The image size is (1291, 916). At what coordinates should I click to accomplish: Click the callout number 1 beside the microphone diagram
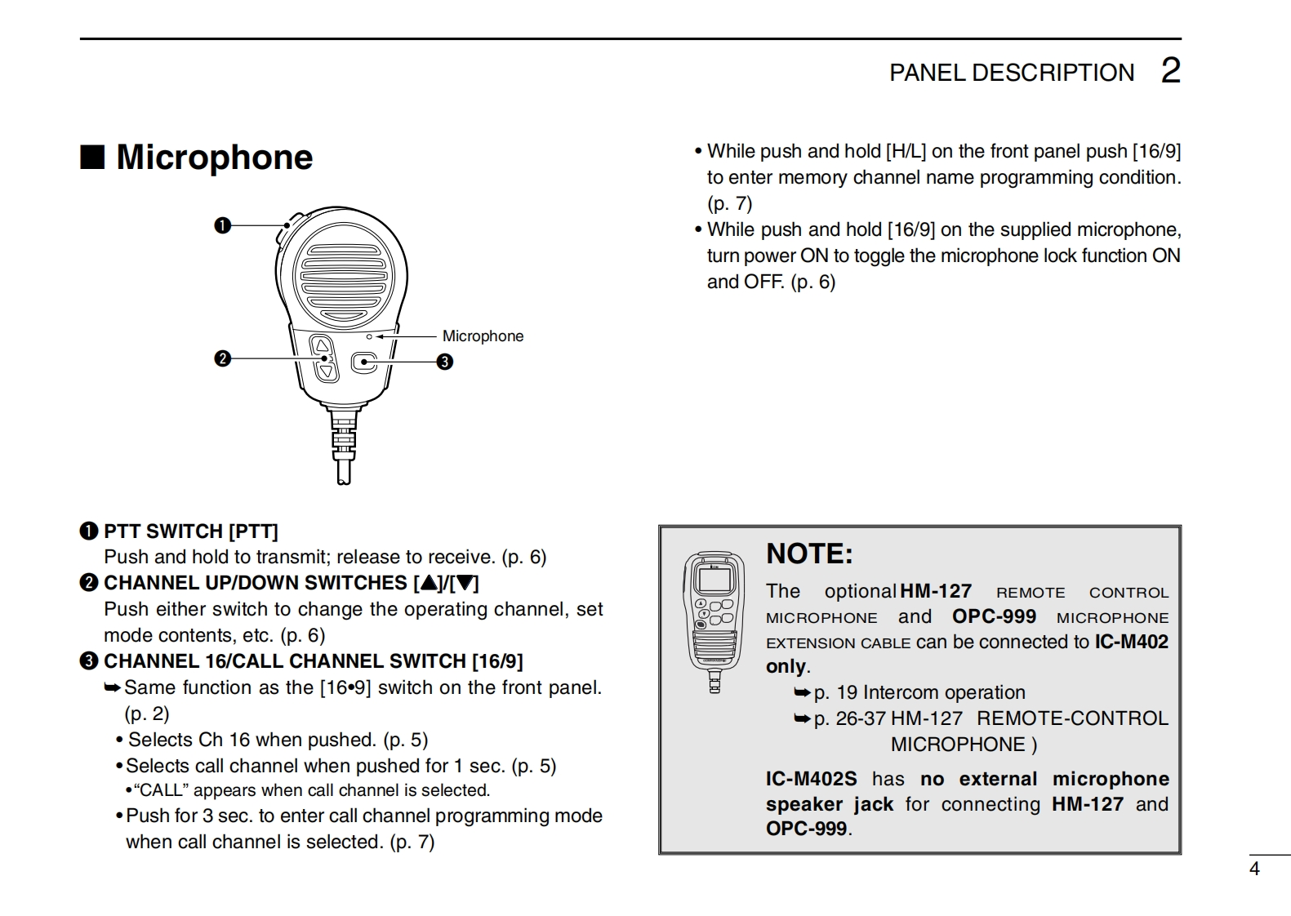click(x=222, y=225)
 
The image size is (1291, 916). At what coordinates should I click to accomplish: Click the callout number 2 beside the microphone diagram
click(x=222, y=358)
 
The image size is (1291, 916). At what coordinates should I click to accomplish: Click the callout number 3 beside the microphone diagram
click(x=444, y=362)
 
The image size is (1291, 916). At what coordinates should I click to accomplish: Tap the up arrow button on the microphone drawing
click(x=323, y=346)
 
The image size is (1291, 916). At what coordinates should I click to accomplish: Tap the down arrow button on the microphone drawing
click(x=327, y=372)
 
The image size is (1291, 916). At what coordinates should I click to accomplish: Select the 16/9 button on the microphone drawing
click(x=364, y=362)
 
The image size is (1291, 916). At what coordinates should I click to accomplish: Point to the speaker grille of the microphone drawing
click(x=343, y=273)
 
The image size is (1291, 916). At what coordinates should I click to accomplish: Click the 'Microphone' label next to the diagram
click(x=483, y=336)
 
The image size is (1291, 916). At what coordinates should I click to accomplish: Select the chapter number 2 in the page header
click(x=1170, y=71)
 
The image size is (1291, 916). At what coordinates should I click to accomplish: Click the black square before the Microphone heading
click(x=92, y=157)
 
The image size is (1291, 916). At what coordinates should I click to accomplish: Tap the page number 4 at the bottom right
click(x=1255, y=869)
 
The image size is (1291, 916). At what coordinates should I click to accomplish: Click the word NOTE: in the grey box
click(x=809, y=554)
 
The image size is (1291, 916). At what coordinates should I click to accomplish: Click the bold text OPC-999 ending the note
click(x=806, y=829)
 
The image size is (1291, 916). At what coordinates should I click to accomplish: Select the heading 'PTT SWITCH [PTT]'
click(x=190, y=531)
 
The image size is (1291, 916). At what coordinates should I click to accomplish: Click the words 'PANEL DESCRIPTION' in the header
click(x=1011, y=73)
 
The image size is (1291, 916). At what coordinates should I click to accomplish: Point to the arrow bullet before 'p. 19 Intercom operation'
click(x=802, y=693)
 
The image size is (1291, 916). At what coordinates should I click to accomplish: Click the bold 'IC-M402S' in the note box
click(x=811, y=779)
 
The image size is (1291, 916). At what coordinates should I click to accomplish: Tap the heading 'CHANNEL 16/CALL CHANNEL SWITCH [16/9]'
click(x=313, y=661)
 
